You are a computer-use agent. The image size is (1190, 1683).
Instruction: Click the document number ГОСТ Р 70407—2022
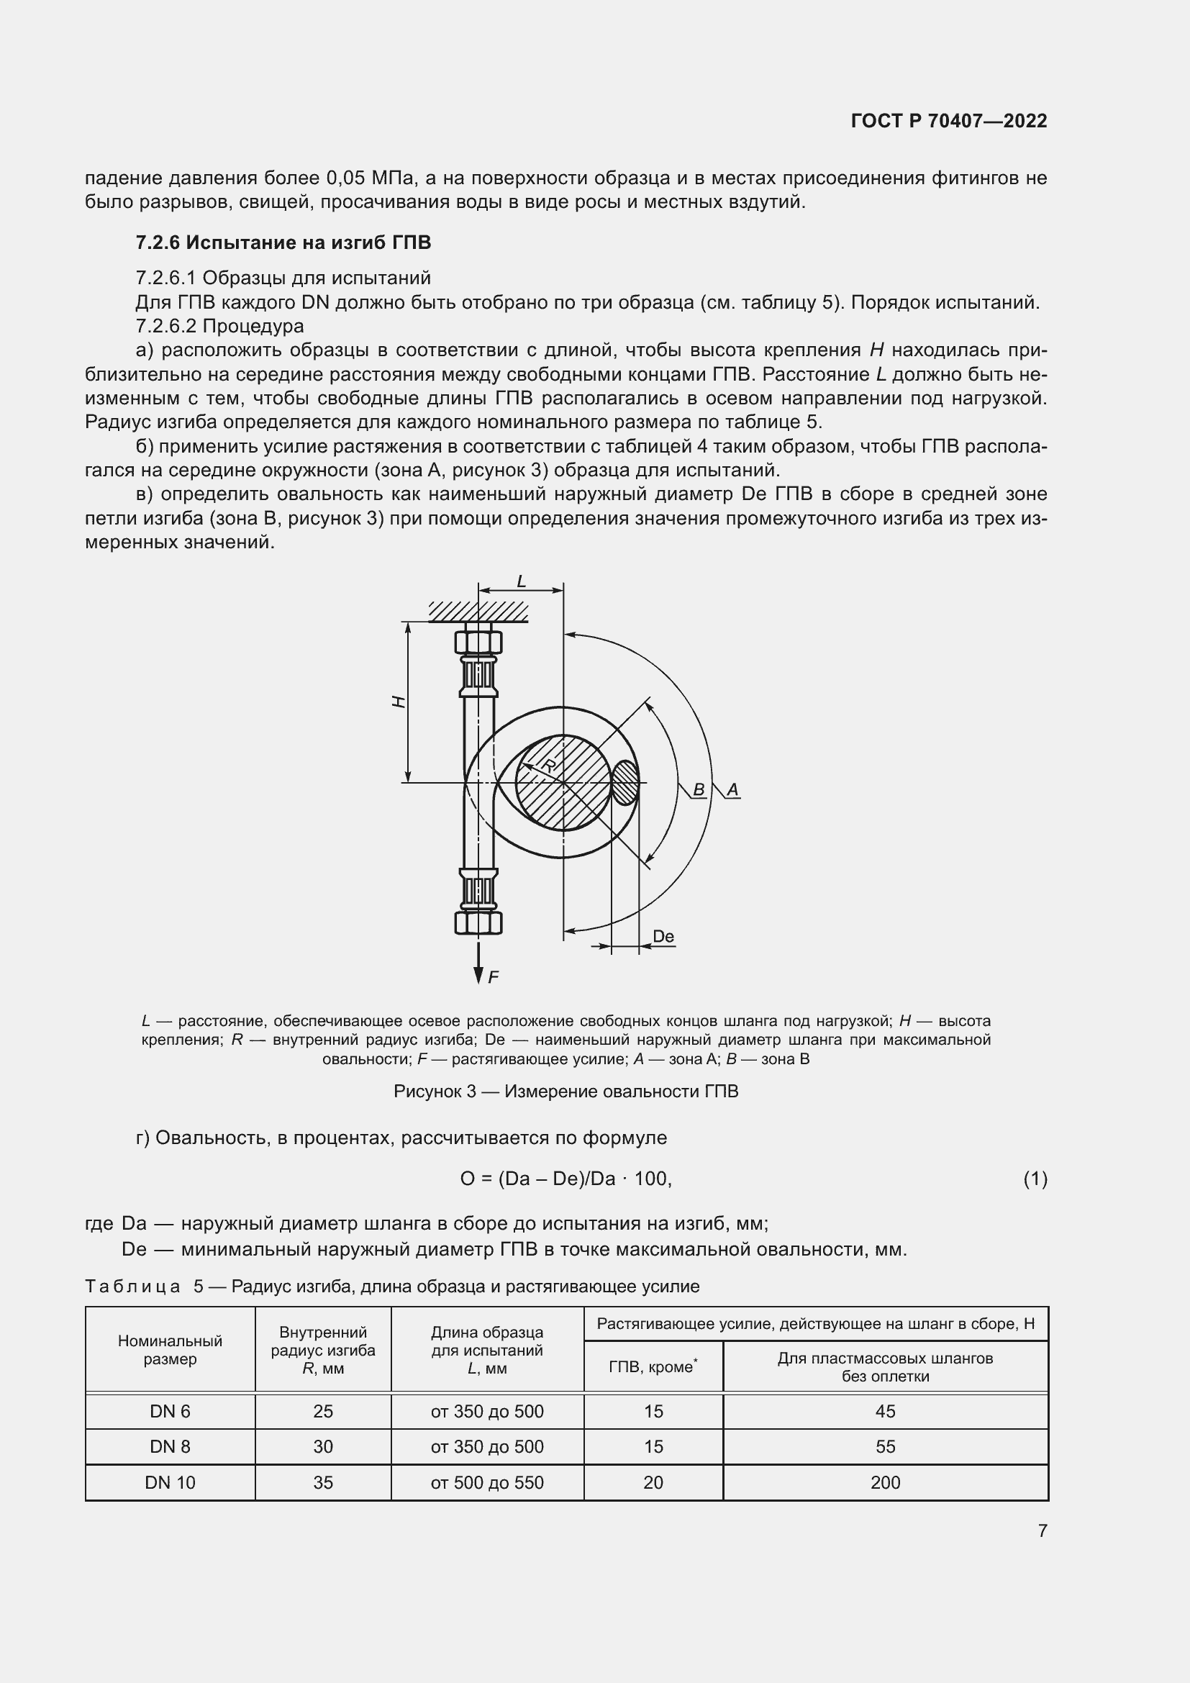(948, 121)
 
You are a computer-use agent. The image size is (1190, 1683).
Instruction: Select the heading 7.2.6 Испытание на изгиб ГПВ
(283, 242)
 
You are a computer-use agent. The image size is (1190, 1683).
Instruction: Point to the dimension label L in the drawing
(521, 582)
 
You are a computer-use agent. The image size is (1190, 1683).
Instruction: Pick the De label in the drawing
(663, 936)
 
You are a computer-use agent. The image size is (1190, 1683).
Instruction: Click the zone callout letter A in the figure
(732, 789)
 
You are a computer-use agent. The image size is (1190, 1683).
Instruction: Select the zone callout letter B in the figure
(699, 789)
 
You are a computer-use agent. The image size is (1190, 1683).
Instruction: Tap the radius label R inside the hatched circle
(549, 766)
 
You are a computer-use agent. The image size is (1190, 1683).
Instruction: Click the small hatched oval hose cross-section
(625, 783)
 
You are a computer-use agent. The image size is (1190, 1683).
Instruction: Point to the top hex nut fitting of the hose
(478, 642)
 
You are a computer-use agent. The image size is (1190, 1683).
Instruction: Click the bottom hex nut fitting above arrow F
(478, 922)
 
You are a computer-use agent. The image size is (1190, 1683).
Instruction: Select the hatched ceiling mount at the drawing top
(478, 612)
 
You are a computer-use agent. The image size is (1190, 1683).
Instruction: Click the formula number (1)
(1035, 1179)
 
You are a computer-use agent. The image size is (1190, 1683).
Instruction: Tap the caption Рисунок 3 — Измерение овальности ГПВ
(566, 1092)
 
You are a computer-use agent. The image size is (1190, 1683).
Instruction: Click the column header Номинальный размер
(170, 1349)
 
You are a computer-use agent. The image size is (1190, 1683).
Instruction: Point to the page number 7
(1042, 1530)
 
